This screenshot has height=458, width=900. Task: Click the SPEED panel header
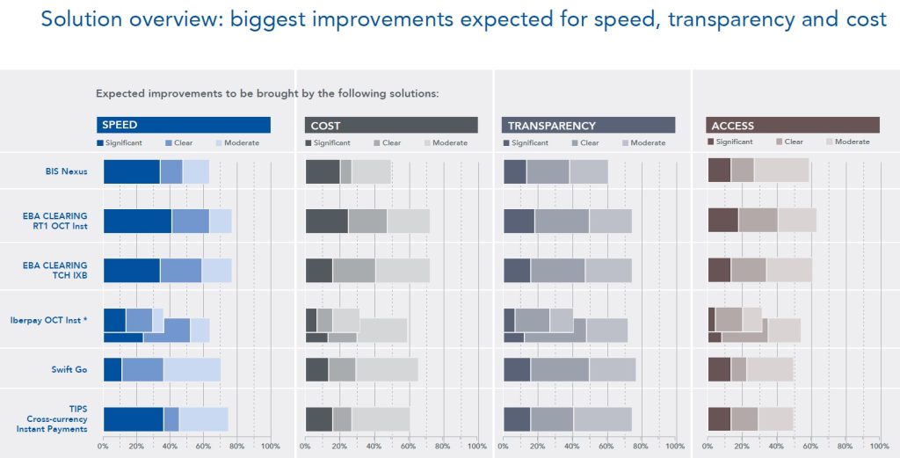(184, 125)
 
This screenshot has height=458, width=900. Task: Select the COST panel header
(391, 125)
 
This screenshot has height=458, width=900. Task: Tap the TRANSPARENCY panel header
(588, 125)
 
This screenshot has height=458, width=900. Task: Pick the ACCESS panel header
(793, 125)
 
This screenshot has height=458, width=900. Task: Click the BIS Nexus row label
(67, 171)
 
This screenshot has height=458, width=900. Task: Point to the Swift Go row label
(69, 369)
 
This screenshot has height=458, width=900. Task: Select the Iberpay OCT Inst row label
(49, 320)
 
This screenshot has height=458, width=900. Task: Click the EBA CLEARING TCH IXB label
(55, 271)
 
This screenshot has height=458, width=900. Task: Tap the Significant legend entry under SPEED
(120, 143)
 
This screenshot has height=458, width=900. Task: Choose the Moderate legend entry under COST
(446, 143)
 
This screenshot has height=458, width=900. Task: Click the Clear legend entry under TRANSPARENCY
(584, 143)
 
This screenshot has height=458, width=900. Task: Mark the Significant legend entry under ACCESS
(730, 142)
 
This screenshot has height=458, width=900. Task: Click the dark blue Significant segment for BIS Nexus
(132, 171)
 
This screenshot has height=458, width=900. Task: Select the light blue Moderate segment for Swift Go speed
(192, 369)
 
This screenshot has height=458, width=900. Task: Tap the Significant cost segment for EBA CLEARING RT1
(327, 221)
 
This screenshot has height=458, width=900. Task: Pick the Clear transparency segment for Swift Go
(560, 369)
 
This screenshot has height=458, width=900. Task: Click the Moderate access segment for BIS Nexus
(781, 171)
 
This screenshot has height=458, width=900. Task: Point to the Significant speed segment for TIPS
(134, 419)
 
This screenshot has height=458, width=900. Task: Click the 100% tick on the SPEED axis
(271, 447)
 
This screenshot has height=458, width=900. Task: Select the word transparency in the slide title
(731, 19)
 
